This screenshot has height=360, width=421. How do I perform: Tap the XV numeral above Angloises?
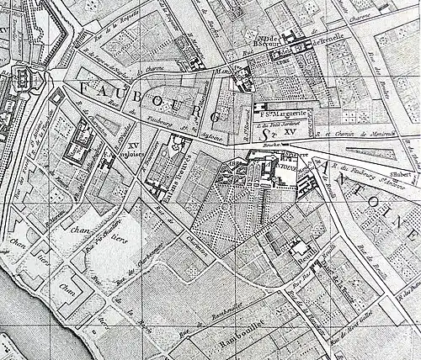(132, 144)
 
